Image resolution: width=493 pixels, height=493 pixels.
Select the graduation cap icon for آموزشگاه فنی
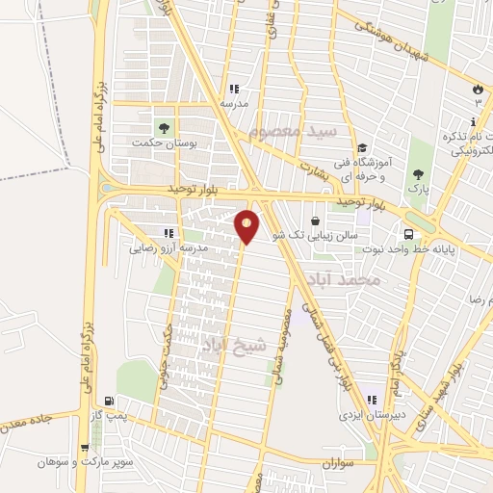pyautogui.click(x=362, y=148)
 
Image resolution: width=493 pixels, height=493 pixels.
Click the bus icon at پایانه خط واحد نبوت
pyautogui.click(x=410, y=233)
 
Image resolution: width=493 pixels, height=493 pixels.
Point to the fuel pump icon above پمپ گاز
pyautogui.click(x=108, y=401)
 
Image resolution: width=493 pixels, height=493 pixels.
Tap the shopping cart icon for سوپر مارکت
pyautogui.click(x=87, y=448)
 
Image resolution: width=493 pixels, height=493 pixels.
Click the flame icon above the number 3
pyautogui.click(x=477, y=90)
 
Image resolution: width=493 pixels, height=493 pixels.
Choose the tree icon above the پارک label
pyautogui.click(x=418, y=174)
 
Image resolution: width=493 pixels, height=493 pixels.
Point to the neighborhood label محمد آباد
pyautogui.click(x=344, y=280)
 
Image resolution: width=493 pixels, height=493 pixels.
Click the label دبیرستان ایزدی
pyautogui.click(x=360, y=416)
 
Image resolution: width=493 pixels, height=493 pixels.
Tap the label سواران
pyautogui.click(x=339, y=463)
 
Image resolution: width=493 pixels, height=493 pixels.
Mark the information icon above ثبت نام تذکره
pyautogui.click(x=472, y=122)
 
